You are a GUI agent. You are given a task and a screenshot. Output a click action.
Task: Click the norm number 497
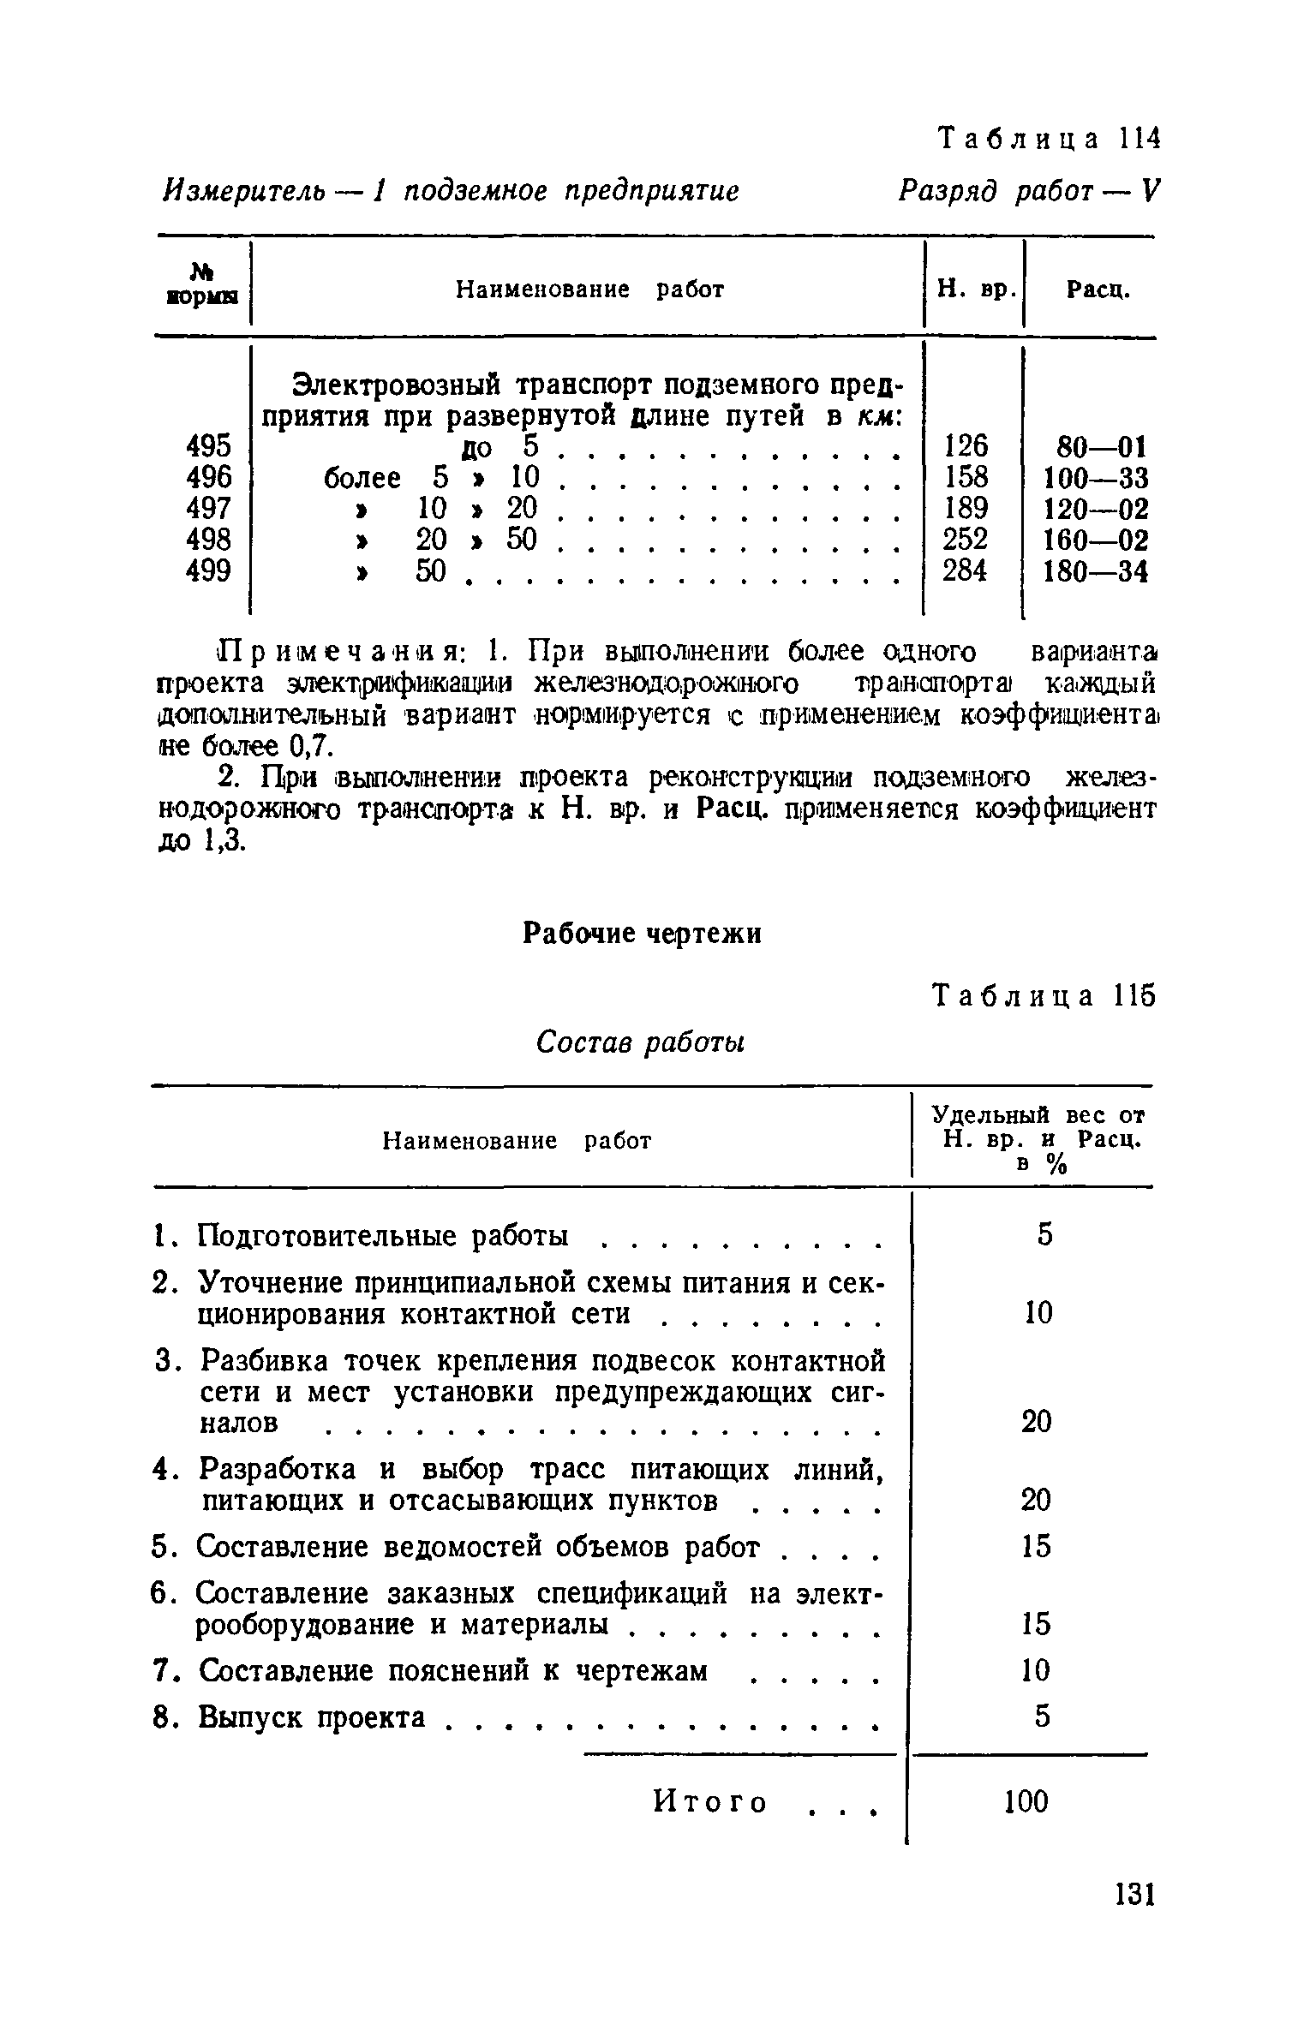[208, 508]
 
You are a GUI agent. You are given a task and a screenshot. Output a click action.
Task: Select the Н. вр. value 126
[965, 445]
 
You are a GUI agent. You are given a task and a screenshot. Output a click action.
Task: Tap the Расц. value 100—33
[1094, 478]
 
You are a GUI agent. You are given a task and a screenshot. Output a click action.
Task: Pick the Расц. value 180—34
[1094, 571]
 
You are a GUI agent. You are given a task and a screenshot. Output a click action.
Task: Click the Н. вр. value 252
[965, 539]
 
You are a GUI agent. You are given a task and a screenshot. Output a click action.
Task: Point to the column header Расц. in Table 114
[1098, 290]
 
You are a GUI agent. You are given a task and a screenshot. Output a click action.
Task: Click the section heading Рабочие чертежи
[642, 933]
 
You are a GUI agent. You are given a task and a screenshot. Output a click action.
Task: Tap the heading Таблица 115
[1044, 995]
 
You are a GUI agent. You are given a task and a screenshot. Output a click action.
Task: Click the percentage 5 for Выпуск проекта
[1041, 1717]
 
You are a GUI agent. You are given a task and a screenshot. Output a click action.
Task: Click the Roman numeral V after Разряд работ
[1149, 190]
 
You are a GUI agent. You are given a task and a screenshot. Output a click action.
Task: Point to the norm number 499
[208, 570]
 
